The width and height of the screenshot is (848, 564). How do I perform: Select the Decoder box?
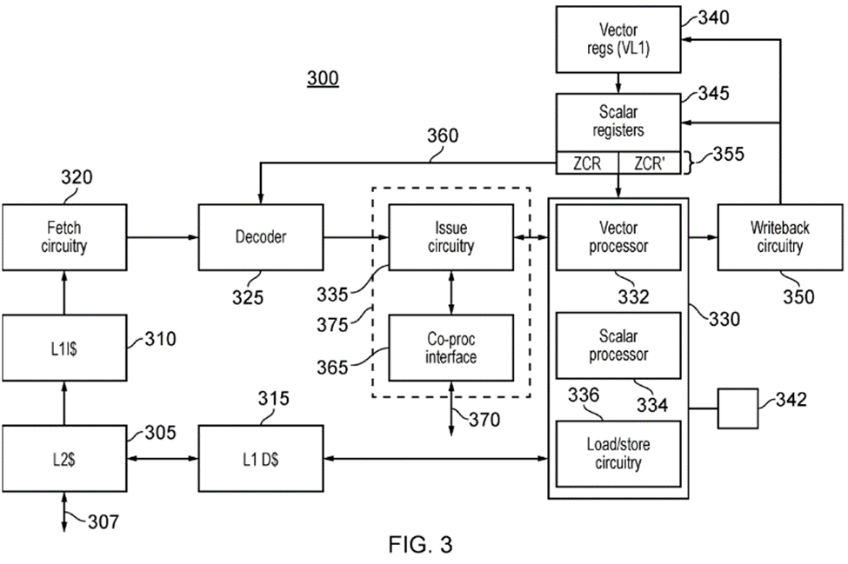(x=260, y=236)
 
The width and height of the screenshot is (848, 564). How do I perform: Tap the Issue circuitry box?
(x=451, y=236)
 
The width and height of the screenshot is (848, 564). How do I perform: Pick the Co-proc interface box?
(x=451, y=347)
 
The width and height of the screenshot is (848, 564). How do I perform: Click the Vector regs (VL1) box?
(x=618, y=39)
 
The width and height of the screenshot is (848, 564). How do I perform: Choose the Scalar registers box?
(x=618, y=122)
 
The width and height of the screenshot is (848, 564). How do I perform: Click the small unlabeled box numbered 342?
(x=738, y=408)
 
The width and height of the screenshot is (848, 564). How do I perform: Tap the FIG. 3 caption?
(x=420, y=546)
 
